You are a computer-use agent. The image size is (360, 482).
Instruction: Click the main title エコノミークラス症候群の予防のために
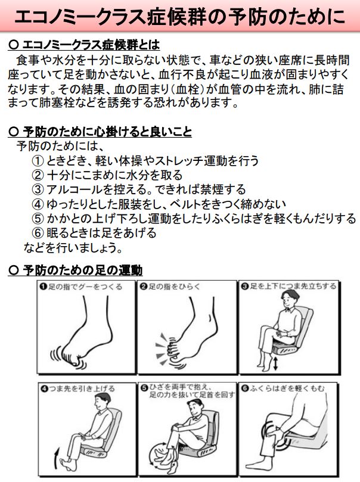(179, 17)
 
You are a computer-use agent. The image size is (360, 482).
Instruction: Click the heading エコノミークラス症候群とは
(89, 45)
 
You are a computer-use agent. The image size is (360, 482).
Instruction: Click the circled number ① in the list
(38, 161)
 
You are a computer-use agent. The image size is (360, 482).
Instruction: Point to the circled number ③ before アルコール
(38, 189)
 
